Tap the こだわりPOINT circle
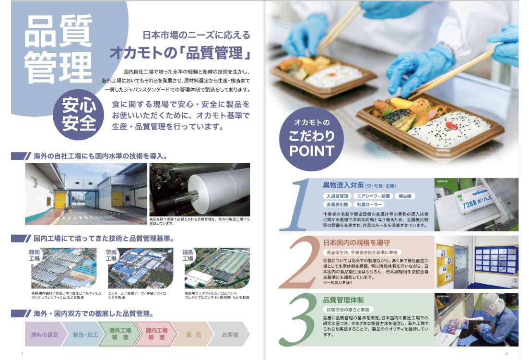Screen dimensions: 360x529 pos(311,138)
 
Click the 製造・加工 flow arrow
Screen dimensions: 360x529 pos(85,334)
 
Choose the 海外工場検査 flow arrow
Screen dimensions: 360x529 pos(120,334)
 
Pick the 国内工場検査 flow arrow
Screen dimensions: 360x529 pos(156,334)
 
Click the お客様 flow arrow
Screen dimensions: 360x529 pos(230,334)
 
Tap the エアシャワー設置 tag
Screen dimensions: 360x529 pos(373,196)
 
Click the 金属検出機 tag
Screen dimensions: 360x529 pos(337,204)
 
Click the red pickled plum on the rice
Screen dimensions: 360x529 pos(451,125)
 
